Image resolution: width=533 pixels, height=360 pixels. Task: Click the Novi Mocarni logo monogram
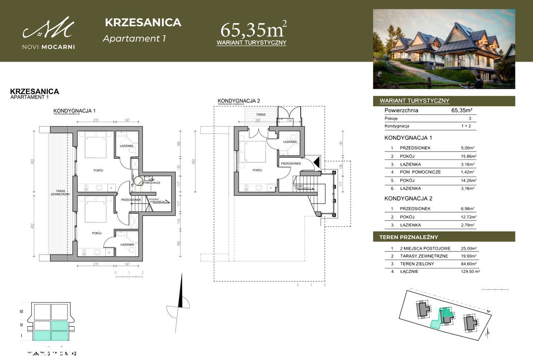coord(49,29)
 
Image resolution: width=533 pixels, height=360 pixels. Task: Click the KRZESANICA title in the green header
coord(143,22)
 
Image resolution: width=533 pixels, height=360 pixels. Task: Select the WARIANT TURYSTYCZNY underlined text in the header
coord(252,43)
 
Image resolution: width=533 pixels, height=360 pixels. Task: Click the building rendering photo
coord(444,49)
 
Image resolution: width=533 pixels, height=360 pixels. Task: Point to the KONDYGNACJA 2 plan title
coord(239,101)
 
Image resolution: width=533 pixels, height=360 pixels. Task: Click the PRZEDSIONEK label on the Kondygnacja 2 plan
coord(291,164)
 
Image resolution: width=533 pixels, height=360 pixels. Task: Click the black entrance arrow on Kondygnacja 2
coord(316,162)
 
